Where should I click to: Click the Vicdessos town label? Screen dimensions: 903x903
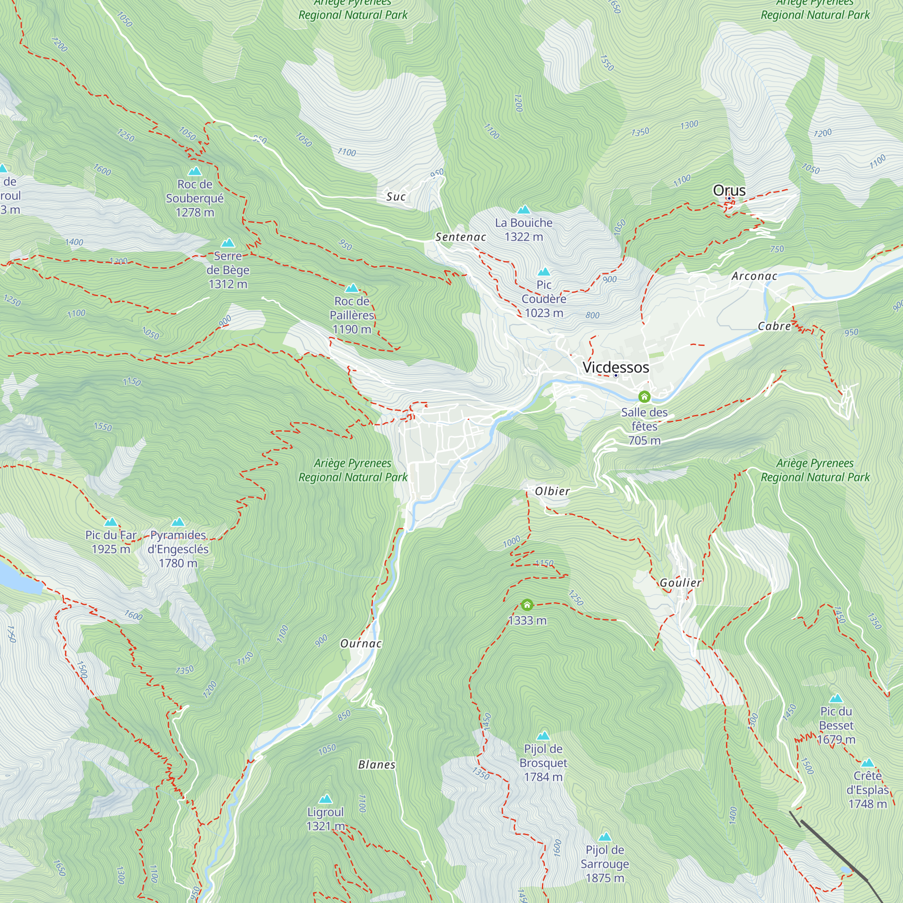[x=615, y=368]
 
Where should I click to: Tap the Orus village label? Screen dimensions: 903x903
[x=729, y=190]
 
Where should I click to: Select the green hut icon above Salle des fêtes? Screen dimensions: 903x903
[x=644, y=397]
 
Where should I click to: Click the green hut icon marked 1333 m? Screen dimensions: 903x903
[x=527, y=605]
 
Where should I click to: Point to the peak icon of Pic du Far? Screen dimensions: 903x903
[x=111, y=522]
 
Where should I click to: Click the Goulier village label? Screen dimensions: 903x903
[x=680, y=582]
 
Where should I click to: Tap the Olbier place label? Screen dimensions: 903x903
[x=552, y=491]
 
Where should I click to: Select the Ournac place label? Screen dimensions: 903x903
[x=361, y=643]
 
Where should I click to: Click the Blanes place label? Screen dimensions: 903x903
[x=377, y=764]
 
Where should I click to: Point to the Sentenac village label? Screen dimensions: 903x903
[x=461, y=237]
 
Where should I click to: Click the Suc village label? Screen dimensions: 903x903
[x=396, y=196]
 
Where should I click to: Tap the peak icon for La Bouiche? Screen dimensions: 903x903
[x=523, y=209]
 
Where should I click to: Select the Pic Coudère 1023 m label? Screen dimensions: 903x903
[x=544, y=298]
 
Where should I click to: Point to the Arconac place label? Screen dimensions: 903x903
[x=754, y=276]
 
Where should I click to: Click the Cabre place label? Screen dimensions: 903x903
[x=774, y=326]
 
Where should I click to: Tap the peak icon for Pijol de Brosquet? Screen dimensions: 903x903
[x=543, y=735]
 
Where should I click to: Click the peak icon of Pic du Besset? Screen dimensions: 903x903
[x=836, y=699]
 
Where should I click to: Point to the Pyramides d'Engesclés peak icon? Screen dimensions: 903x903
[x=177, y=522]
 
